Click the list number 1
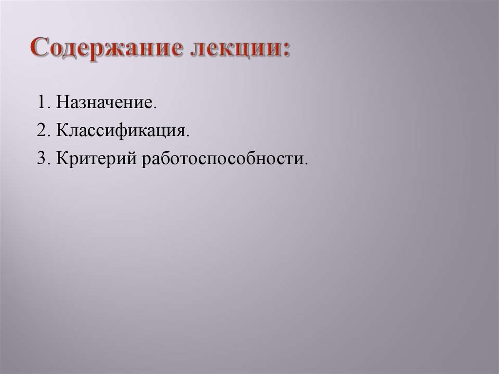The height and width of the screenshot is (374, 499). (x=40, y=103)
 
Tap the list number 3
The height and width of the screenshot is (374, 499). (x=40, y=159)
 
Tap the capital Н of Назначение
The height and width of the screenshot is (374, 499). (x=61, y=103)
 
